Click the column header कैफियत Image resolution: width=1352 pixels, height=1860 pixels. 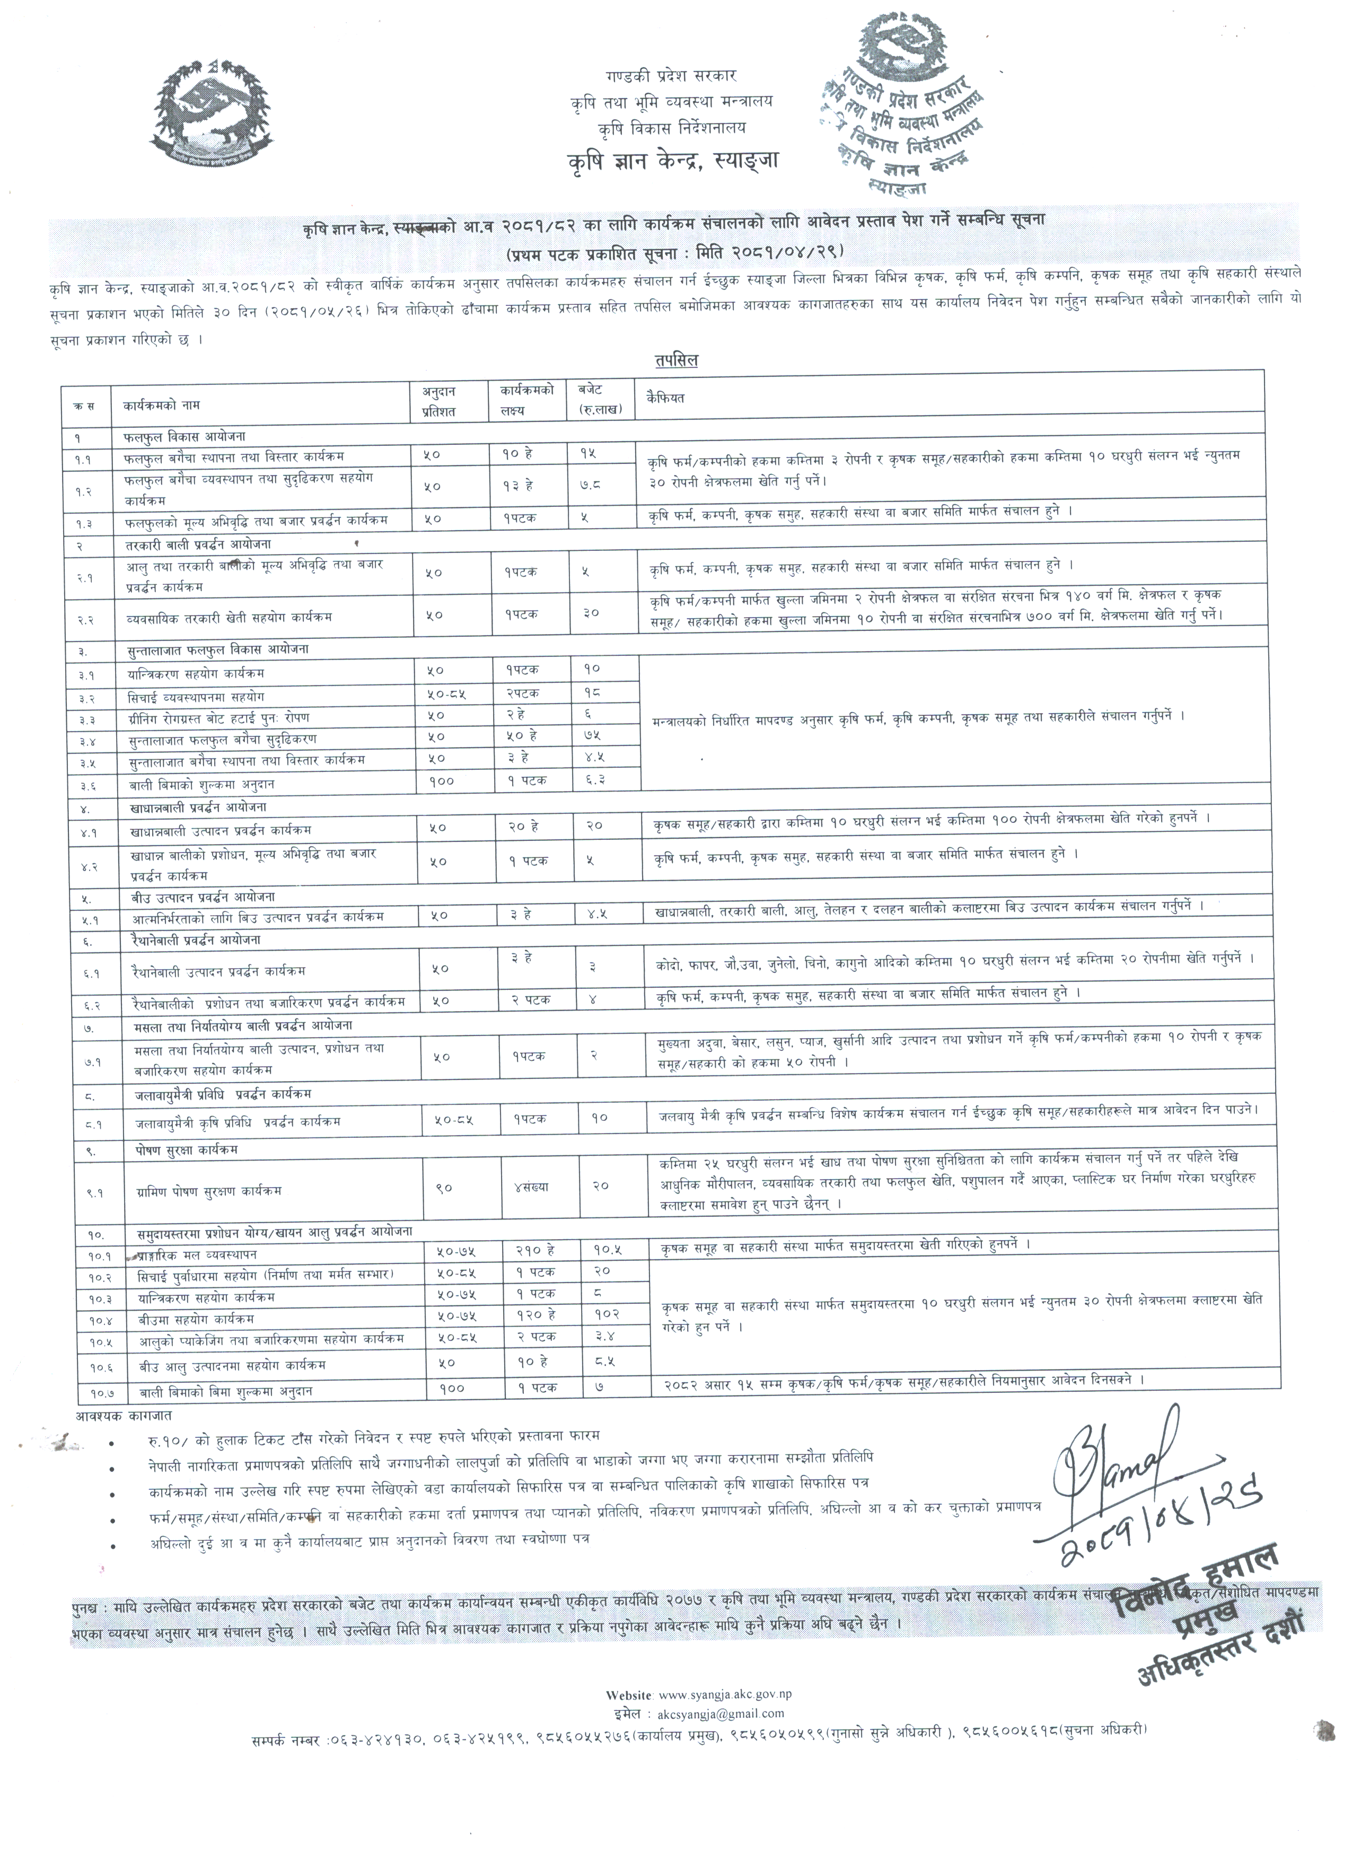[x=665, y=399]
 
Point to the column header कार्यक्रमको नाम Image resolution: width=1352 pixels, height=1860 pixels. [x=162, y=405]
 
